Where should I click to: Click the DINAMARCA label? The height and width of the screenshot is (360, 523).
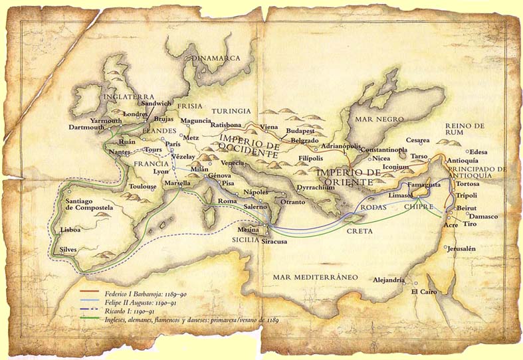pos(215,58)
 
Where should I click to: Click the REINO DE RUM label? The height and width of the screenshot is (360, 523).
pos(467,130)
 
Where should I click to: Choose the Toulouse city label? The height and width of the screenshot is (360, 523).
pos(144,187)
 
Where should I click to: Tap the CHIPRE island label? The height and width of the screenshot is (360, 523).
pos(419,207)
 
